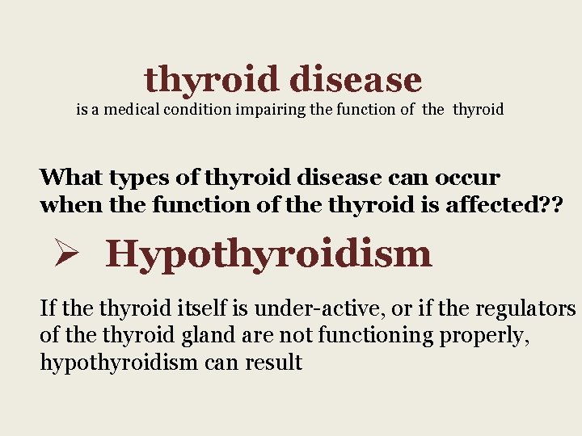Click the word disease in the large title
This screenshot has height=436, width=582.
[355, 79]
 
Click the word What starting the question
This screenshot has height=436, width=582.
[71, 177]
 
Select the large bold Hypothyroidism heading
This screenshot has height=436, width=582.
[268, 254]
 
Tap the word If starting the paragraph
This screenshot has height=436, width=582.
[48, 308]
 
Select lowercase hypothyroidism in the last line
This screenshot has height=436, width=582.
[118, 363]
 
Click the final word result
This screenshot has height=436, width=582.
[275, 363]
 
